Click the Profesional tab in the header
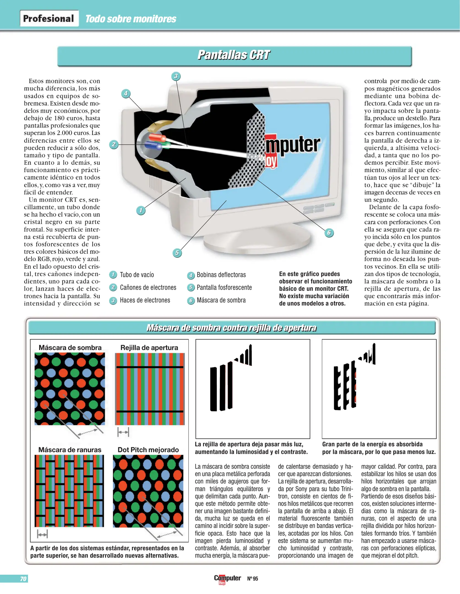(49, 18)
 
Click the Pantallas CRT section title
(234, 55)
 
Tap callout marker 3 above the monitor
(176, 76)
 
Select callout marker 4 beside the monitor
(126, 94)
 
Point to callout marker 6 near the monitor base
(329, 233)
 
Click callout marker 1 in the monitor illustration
(141, 211)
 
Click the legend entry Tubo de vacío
(137, 275)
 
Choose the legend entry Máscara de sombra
(221, 300)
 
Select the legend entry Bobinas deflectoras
(221, 275)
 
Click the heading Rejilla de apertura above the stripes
(149, 348)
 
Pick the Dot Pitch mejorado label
(148, 450)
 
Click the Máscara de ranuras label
(70, 450)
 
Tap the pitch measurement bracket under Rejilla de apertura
(123, 432)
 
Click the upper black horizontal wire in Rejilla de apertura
(150, 367)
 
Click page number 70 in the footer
(23, 579)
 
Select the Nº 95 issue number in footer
(252, 579)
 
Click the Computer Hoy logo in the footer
(227, 579)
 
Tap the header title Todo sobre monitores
(131, 19)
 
